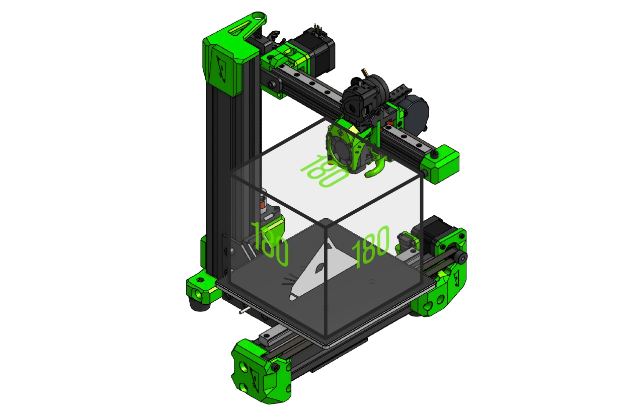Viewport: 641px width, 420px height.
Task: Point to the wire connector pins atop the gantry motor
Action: [x=318, y=30]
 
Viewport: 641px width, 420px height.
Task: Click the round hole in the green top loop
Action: [x=259, y=16]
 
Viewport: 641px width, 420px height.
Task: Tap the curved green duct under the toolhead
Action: [x=375, y=170]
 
